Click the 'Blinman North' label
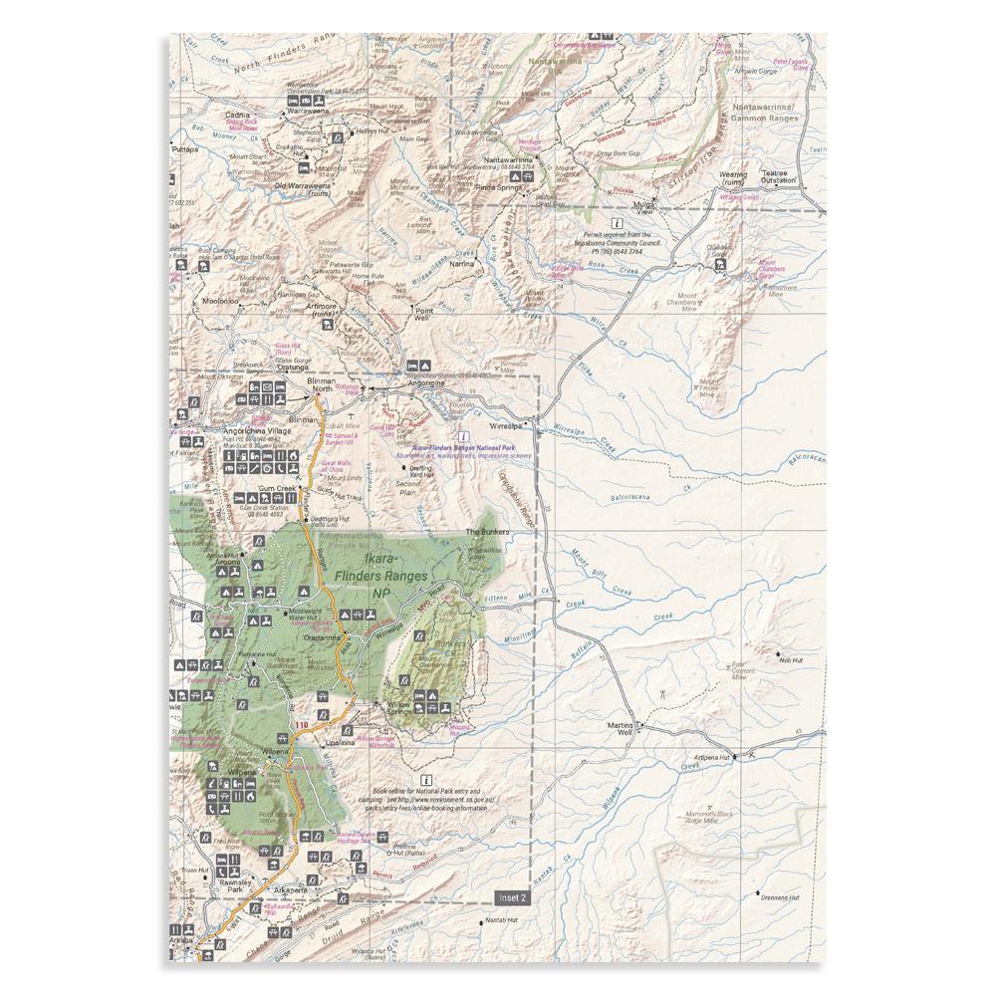pyautogui.click(x=323, y=385)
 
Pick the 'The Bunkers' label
pyautogui.click(x=488, y=533)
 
